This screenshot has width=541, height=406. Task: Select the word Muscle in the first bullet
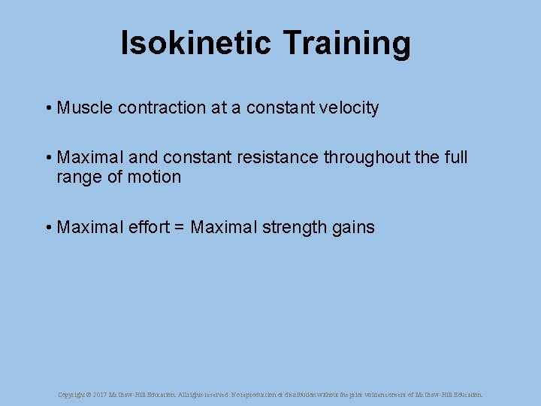click(x=83, y=108)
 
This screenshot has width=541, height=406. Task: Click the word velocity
click(x=348, y=108)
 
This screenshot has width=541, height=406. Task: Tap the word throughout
click(x=361, y=158)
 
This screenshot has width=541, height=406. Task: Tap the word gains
click(x=353, y=227)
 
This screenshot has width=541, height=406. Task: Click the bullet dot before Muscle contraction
click(x=47, y=108)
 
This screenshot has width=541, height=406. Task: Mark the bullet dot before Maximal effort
click(x=47, y=227)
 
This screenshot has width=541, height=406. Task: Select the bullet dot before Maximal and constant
click(x=47, y=158)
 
